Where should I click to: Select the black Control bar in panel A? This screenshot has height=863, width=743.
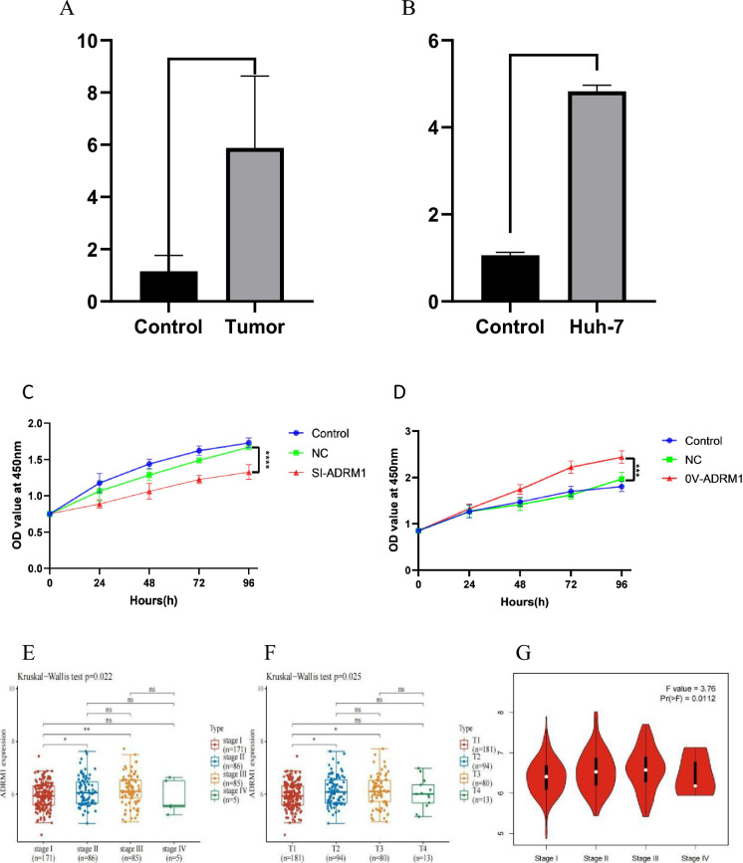pos(168,286)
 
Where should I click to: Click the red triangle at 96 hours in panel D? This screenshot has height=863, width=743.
pos(620,458)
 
